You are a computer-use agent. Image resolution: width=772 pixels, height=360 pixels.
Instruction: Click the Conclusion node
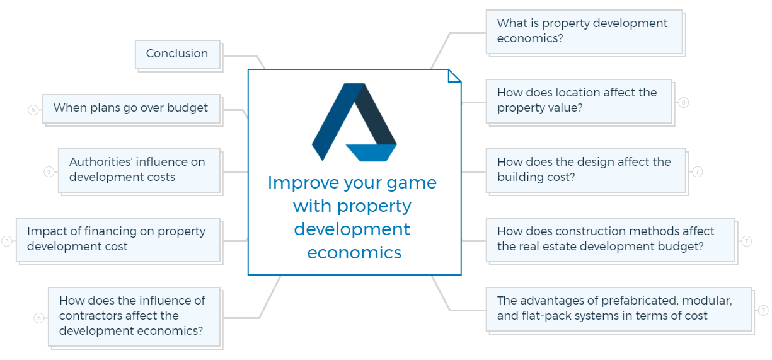point(178,54)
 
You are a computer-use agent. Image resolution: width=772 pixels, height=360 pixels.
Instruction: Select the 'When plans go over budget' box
point(131,108)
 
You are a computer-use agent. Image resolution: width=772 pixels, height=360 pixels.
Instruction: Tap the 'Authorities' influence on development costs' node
point(139,170)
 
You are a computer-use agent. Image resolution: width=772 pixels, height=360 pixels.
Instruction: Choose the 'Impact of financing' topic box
point(118,240)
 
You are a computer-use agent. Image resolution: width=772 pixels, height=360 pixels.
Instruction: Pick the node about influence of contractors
point(134,316)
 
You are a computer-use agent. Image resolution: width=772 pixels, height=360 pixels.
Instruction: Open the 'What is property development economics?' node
point(585,32)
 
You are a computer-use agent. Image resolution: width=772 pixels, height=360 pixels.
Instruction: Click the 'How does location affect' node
point(579,101)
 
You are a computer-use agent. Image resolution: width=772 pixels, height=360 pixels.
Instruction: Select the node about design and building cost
point(586,170)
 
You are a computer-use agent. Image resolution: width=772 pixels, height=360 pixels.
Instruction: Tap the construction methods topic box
point(611,240)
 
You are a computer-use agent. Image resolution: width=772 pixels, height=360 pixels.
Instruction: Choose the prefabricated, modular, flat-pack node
point(619,310)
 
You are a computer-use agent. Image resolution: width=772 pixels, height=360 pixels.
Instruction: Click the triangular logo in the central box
point(354,122)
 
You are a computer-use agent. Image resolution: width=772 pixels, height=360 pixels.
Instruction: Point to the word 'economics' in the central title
point(354,253)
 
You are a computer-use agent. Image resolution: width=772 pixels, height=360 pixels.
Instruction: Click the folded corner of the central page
point(454,76)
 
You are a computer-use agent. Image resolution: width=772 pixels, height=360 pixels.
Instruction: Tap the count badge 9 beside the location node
point(683,102)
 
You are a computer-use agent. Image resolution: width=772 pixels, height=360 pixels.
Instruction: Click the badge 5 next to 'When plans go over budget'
point(33,110)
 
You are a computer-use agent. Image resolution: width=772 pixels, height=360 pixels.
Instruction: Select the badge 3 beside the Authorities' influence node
point(49,171)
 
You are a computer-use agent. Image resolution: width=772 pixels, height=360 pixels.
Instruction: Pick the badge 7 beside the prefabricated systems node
point(763,310)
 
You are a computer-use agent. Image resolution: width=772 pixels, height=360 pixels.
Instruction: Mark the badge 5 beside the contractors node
point(39,318)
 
